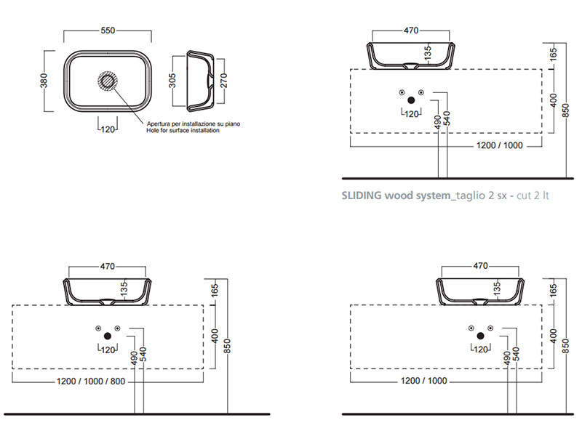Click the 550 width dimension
pos(108,31)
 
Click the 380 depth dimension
pos(44,80)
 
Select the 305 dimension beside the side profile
pos(172,80)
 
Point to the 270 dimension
pos(224,80)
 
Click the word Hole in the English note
pos(154,131)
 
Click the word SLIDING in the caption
pos(361,195)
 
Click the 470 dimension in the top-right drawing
pos(411,31)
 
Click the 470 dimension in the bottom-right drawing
pos(480,266)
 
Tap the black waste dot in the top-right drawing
pos(412,101)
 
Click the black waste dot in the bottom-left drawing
pos(108,336)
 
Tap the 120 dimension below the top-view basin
pos(108,129)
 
